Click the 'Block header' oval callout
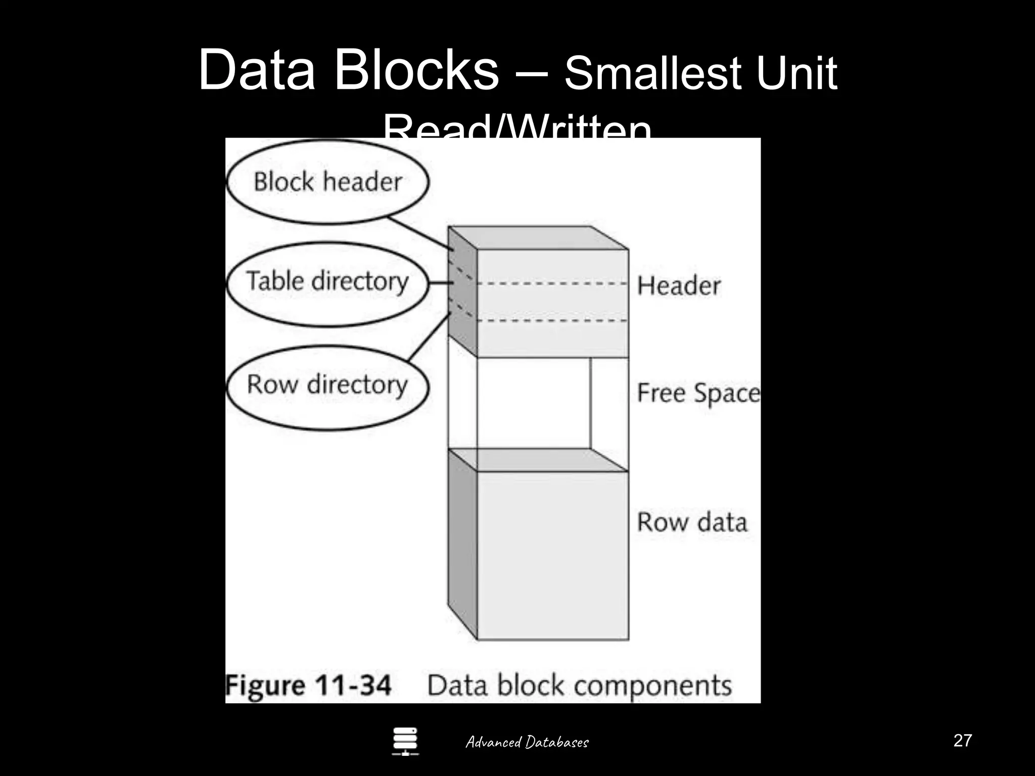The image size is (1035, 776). point(327,182)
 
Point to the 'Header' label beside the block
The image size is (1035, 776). point(679,286)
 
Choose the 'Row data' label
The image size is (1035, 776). point(692,522)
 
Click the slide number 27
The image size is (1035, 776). point(962,741)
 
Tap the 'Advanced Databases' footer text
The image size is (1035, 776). point(527,742)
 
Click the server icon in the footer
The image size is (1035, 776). point(405,741)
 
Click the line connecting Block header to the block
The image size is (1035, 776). point(419,233)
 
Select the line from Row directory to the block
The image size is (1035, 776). point(429,337)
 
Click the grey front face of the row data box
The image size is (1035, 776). point(553,556)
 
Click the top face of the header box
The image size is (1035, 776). point(538,237)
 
